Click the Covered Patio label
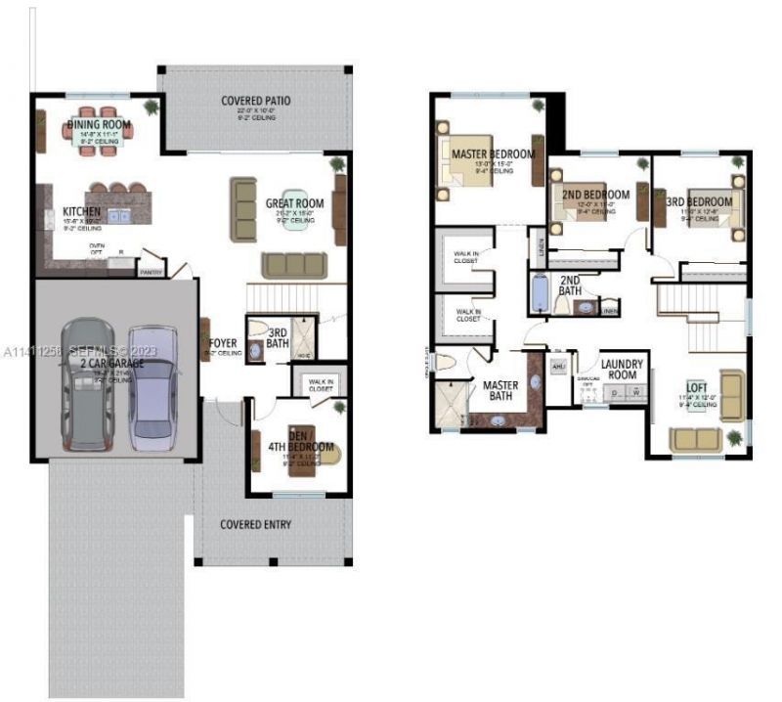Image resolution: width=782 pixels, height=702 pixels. click(x=255, y=101)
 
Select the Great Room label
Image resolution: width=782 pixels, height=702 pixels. click(x=294, y=203)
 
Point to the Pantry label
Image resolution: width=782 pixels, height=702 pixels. click(x=151, y=273)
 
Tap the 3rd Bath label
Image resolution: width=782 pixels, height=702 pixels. click(x=277, y=337)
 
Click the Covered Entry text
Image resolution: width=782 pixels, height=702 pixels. click(x=255, y=525)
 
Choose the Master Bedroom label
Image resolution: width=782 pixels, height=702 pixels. click(x=493, y=154)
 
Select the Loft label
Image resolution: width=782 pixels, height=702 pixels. click(x=696, y=387)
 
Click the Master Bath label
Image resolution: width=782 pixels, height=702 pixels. click(x=500, y=390)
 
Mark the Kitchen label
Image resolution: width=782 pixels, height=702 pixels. click(x=82, y=212)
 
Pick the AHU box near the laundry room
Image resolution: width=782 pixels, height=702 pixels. click(x=559, y=367)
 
